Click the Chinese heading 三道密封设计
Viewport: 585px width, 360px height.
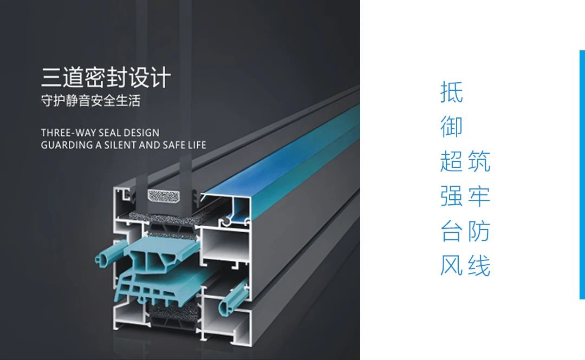pyautogui.click(x=106, y=77)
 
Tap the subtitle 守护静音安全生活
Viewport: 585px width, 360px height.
pyautogui.click(x=90, y=101)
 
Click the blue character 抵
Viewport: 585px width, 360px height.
pyautogui.click(x=452, y=91)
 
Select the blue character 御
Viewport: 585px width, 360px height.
pyautogui.click(x=452, y=126)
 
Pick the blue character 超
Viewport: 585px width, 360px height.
pyautogui.click(x=452, y=161)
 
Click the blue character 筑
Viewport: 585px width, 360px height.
pyautogui.click(x=479, y=161)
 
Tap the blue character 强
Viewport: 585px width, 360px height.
pyautogui.click(x=452, y=197)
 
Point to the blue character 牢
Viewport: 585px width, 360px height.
pyautogui.click(x=479, y=197)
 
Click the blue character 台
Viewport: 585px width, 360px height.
pyautogui.click(x=452, y=231)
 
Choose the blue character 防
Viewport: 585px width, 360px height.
pyautogui.click(x=479, y=231)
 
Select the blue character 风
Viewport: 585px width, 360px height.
pyautogui.click(x=452, y=266)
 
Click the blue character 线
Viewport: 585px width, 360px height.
pyautogui.click(x=479, y=266)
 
